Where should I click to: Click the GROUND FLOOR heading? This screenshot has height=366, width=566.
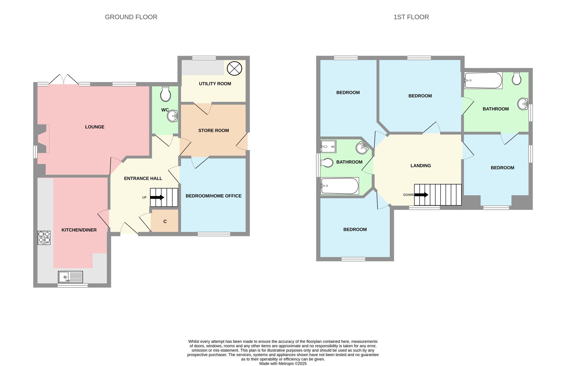tap(131, 17)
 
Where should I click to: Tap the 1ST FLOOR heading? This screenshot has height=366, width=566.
tap(411, 17)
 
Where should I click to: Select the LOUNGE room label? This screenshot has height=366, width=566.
tap(95, 127)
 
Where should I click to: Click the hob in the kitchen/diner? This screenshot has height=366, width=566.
tap(44, 238)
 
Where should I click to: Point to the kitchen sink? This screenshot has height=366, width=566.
tap(70, 277)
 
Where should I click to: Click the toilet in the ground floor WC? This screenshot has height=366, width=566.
tap(166, 94)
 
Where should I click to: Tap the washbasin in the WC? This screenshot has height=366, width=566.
tap(172, 116)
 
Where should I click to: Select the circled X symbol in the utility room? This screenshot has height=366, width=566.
tap(235, 68)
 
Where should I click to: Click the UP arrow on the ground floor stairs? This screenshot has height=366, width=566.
tap(157, 197)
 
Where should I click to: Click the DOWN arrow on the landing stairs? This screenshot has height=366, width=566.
tap(421, 195)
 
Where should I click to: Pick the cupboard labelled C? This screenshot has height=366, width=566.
tap(165, 221)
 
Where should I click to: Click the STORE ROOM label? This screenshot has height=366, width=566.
tap(214, 130)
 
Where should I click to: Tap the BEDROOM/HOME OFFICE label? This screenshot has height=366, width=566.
tap(214, 196)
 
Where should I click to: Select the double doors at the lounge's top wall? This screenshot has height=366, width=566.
tap(64, 79)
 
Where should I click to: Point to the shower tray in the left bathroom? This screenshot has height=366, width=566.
tap(328, 147)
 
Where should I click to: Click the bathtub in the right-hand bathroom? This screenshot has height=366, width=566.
tap(483, 80)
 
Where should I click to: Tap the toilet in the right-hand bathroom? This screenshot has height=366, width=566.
tap(517, 78)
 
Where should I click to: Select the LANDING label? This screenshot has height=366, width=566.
tap(421, 165)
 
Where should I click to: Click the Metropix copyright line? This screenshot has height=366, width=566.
tap(283, 363)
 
